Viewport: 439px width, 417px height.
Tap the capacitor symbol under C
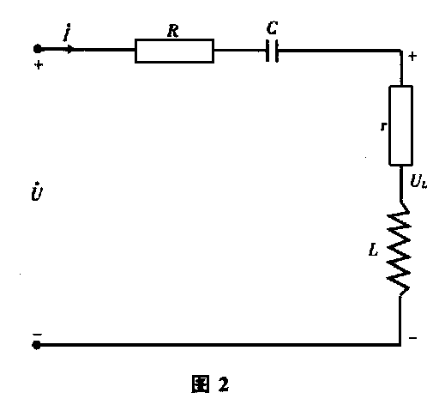[272, 51]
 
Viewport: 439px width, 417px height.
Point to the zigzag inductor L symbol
[399, 249]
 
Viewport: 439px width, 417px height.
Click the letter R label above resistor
[173, 31]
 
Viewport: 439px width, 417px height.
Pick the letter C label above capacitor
[272, 28]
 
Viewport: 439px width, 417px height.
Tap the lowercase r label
[384, 126]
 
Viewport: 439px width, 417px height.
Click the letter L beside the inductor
[373, 250]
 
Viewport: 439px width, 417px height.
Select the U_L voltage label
[418, 181]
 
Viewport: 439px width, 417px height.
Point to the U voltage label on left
[37, 191]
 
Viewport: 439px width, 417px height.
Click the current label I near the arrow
[67, 33]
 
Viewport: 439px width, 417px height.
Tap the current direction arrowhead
[70, 49]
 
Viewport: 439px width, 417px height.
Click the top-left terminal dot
[38, 49]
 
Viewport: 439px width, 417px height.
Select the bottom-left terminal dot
[36, 345]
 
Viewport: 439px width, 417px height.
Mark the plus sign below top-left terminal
[39, 65]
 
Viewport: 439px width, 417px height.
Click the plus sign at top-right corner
[412, 56]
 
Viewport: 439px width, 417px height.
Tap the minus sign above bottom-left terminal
[37, 334]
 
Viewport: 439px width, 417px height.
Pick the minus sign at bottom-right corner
[412, 338]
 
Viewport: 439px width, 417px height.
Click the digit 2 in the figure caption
[223, 384]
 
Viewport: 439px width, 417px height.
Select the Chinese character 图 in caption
[200, 384]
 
